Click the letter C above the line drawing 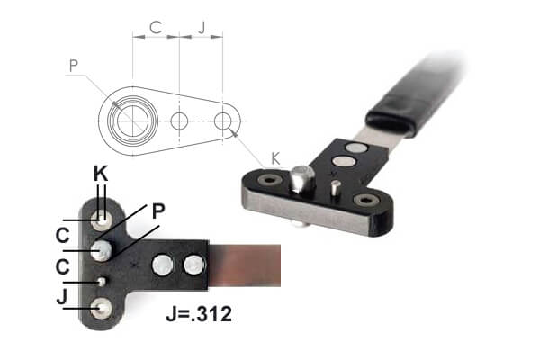tap(156, 28)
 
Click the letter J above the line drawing tap(202, 28)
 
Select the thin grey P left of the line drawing tap(74, 65)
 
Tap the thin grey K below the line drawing tap(275, 157)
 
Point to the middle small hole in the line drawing tap(180, 121)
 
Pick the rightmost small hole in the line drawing tap(224, 120)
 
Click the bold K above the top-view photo tap(102, 173)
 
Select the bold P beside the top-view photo tap(158, 211)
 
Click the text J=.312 tap(201, 316)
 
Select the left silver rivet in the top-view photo tap(163, 265)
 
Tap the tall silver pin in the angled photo tap(300, 184)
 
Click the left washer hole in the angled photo tap(267, 181)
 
